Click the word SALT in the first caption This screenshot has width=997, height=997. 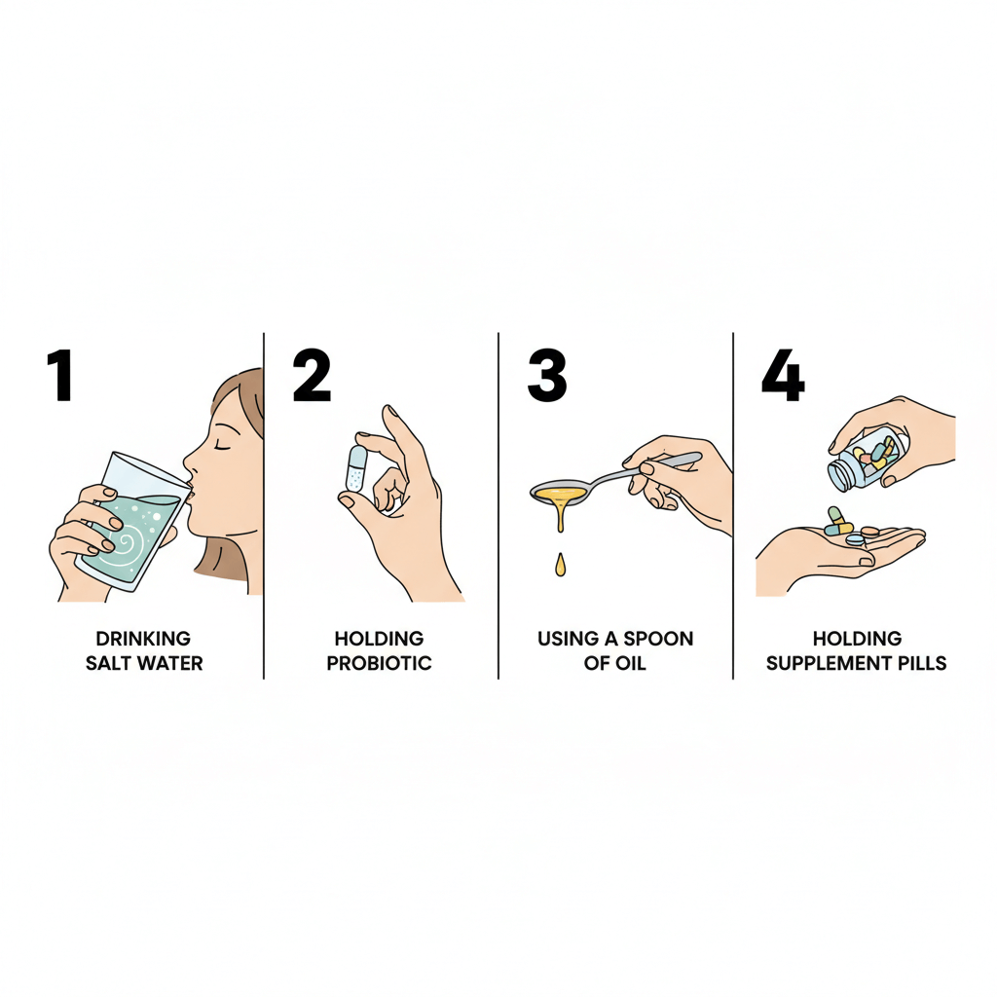point(105,663)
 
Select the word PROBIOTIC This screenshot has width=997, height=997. point(379,663)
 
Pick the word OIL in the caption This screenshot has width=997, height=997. point(632,663)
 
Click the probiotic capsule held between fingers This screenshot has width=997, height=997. point(356,468)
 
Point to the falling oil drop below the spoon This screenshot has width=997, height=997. point(560,565)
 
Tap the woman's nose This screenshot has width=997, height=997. point(189,460)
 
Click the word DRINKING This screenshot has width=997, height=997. point(143,639)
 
